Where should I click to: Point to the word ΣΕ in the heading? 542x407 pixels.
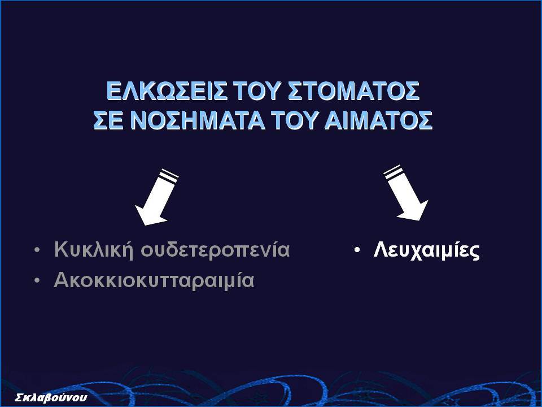coord(109,120)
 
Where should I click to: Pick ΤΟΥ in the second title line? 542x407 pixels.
coord(295,120)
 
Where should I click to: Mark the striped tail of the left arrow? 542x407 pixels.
coord(168,175)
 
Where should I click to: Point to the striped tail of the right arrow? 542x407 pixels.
coord(393,172)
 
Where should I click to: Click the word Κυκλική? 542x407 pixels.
coord(94,249)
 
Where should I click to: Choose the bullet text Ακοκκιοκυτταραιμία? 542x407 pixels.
coord(154,280)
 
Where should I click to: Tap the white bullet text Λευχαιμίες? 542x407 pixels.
coord(427,250)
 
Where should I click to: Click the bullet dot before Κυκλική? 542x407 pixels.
coord(37,250)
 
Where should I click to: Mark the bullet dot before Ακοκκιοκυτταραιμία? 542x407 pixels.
coord(37,281)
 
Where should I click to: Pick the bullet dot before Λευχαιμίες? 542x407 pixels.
coord(357,250)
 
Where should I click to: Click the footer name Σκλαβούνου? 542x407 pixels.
coord(51,397)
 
